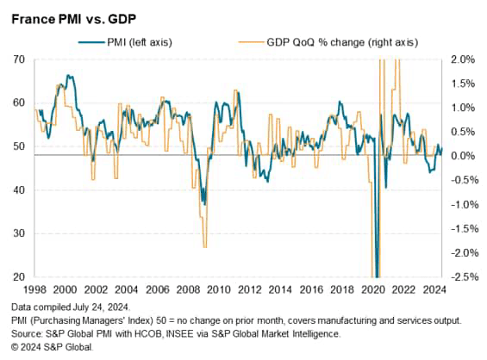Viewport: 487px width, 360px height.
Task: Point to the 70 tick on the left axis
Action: [18, 59]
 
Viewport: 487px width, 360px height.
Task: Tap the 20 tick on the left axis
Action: [18, 277]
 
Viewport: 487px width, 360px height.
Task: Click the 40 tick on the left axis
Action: [18, 190]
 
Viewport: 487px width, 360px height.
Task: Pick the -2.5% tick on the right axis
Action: [462, 277]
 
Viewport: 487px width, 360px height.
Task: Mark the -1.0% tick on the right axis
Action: [462, 204]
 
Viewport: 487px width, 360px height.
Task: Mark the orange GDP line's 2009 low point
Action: [204, 247]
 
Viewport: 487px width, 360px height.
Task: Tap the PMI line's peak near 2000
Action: [67, 76]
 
